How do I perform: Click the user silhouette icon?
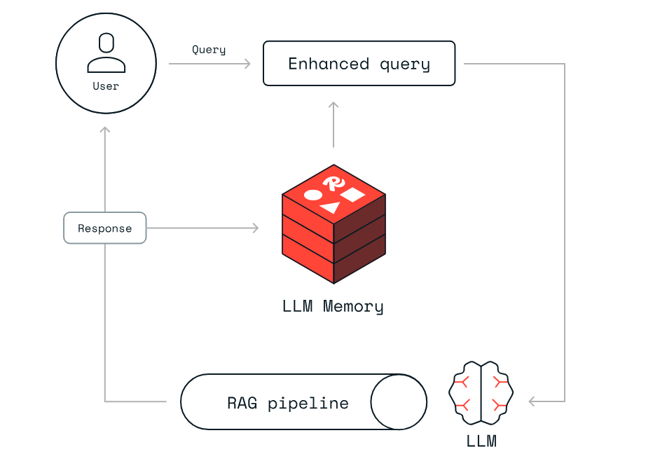(106, 53)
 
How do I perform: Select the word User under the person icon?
(106, 86)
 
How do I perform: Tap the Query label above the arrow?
(209, 50)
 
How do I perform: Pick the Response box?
(105, 228)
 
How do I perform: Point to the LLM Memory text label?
(333, 306)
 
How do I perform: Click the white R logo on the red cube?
(334, 183)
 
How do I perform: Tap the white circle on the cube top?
(313, 195)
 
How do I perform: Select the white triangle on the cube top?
(331, 207)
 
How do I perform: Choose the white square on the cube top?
(352, 195)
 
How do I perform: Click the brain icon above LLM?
(481, 393)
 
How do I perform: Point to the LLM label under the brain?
(481, 441)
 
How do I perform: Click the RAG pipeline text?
(288, 403)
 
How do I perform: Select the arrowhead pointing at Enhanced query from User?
(247, 64)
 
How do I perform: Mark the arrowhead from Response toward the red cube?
(255, 228)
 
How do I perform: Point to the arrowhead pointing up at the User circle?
(105, 130)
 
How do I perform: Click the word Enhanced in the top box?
(329, 64)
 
